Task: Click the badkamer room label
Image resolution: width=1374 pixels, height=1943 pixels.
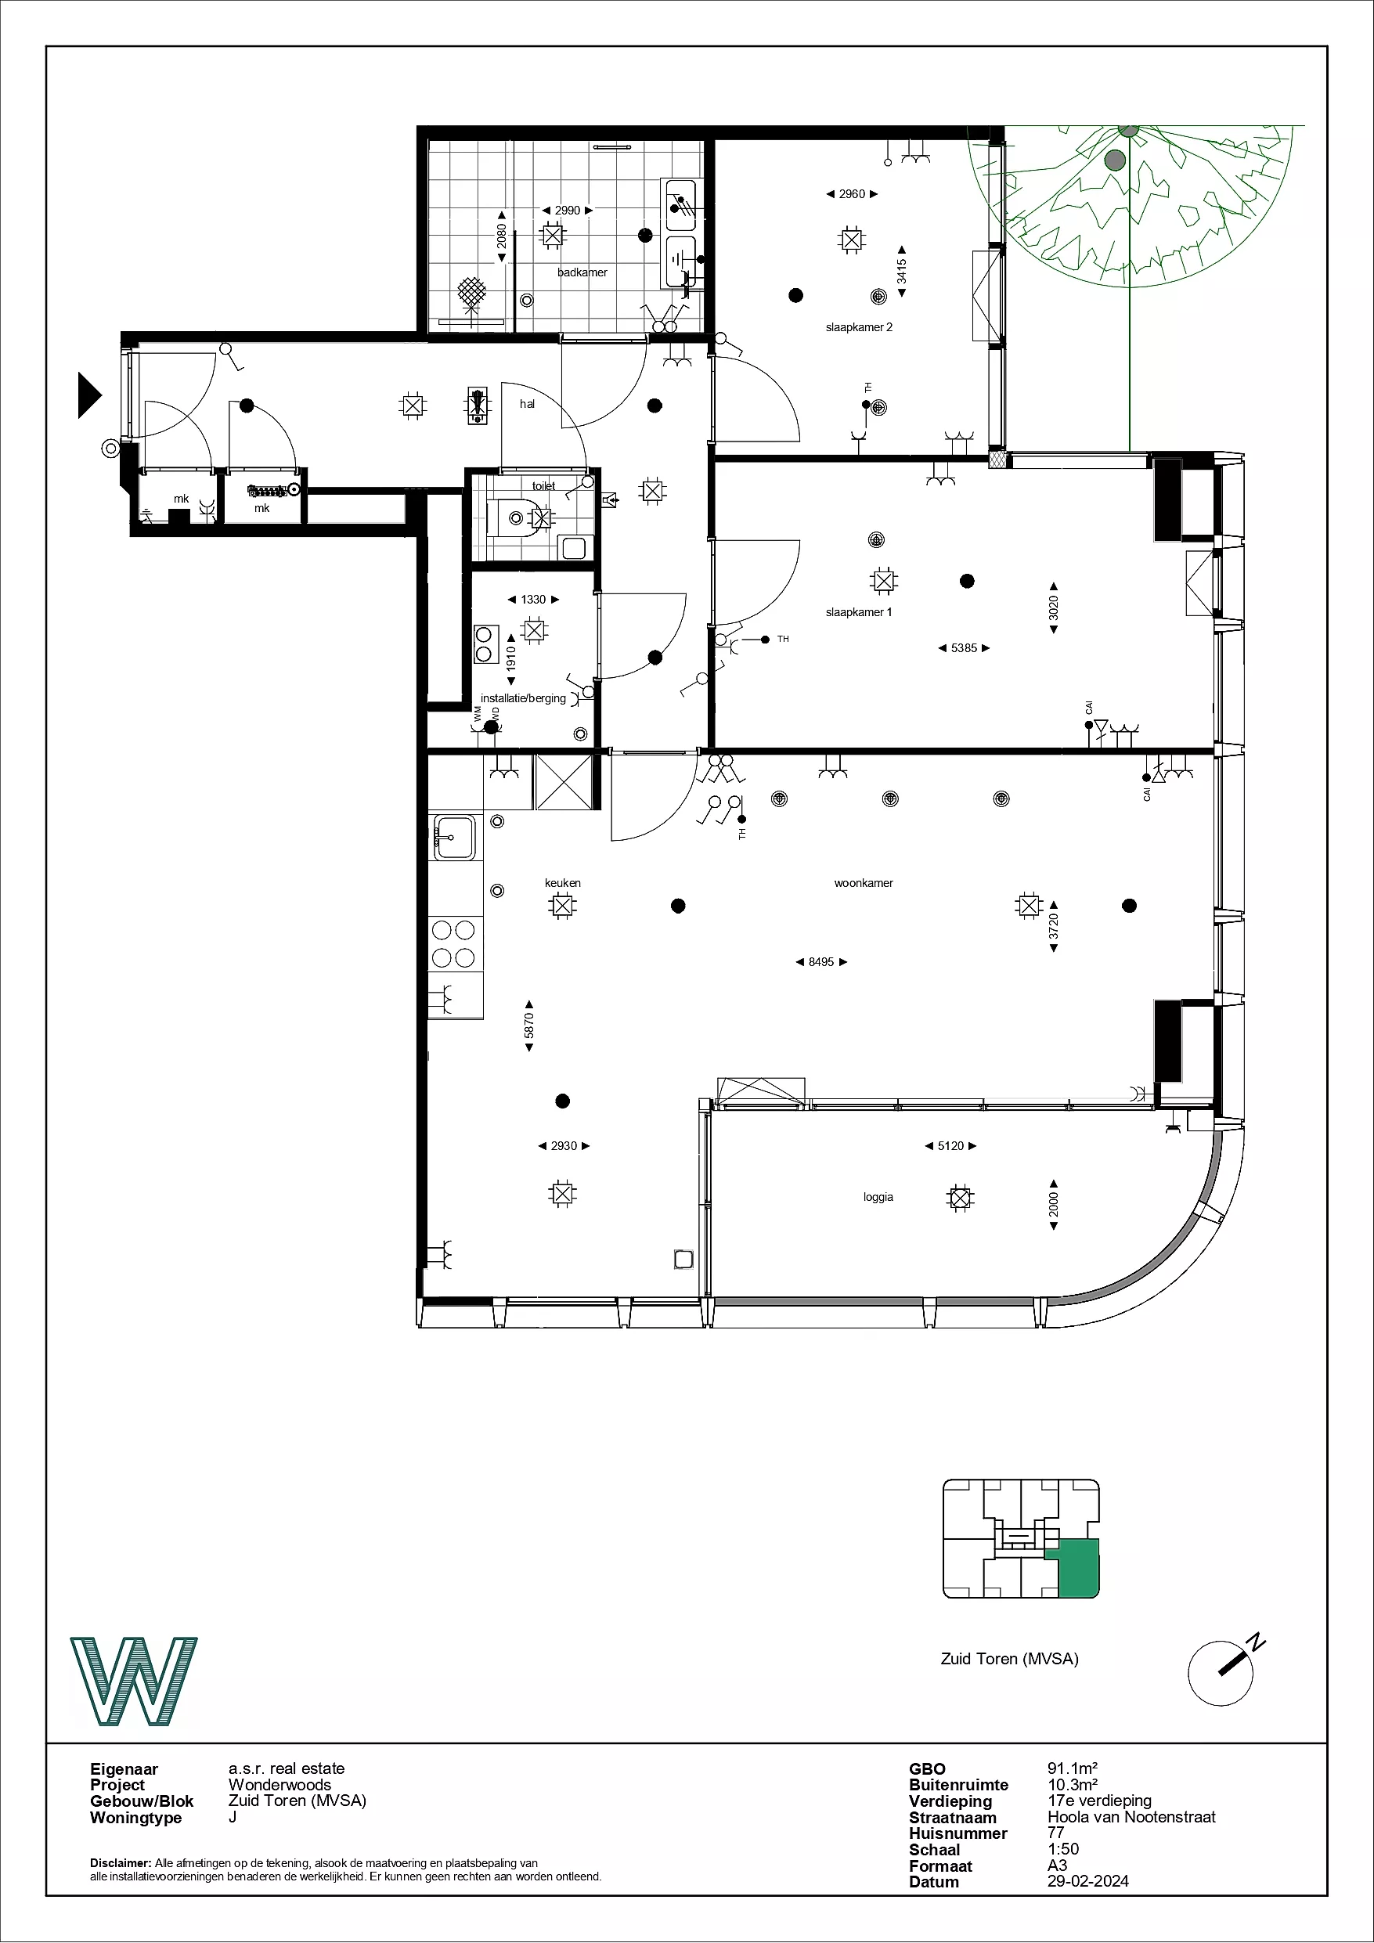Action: (x=582, y=272)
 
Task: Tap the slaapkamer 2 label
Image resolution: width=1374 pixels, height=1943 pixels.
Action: (x=860, y=326)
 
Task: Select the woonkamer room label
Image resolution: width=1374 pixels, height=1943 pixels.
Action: (x=864, y=882)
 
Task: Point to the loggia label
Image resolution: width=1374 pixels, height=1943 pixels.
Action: (x=878, y=1198)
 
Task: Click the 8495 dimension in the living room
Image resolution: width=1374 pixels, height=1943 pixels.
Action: (x=821, y=962)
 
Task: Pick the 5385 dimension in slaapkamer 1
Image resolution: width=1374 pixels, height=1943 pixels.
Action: (x=965, y=648)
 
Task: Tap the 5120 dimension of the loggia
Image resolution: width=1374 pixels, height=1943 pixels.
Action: (x=950, y=1146)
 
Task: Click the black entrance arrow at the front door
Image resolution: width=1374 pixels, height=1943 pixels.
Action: (x=89, y=395)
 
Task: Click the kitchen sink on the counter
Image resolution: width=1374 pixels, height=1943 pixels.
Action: (x=456, y=836)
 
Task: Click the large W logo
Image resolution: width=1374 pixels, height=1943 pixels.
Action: (x=134, y=1682)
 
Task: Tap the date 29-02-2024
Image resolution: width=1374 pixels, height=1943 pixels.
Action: (x=1088, y=1881)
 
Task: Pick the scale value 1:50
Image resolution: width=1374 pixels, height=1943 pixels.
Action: (x=1063, y=1849)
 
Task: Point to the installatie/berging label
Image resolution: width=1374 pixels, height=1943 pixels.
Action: (x=523, y=698)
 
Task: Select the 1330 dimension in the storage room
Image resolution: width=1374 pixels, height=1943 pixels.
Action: (x=533, y=599)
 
